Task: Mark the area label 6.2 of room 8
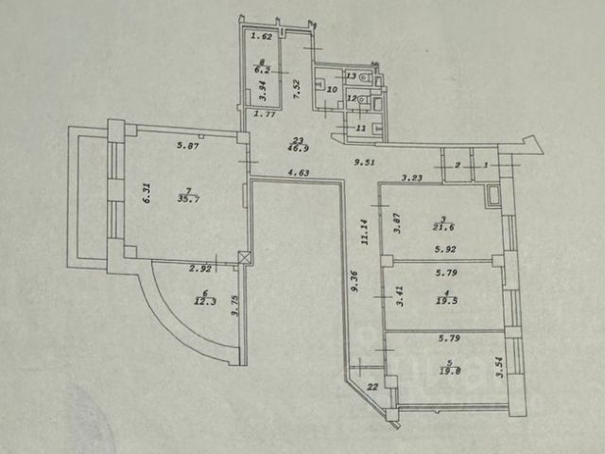tap(264, 70)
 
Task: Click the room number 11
tap(360, 128)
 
